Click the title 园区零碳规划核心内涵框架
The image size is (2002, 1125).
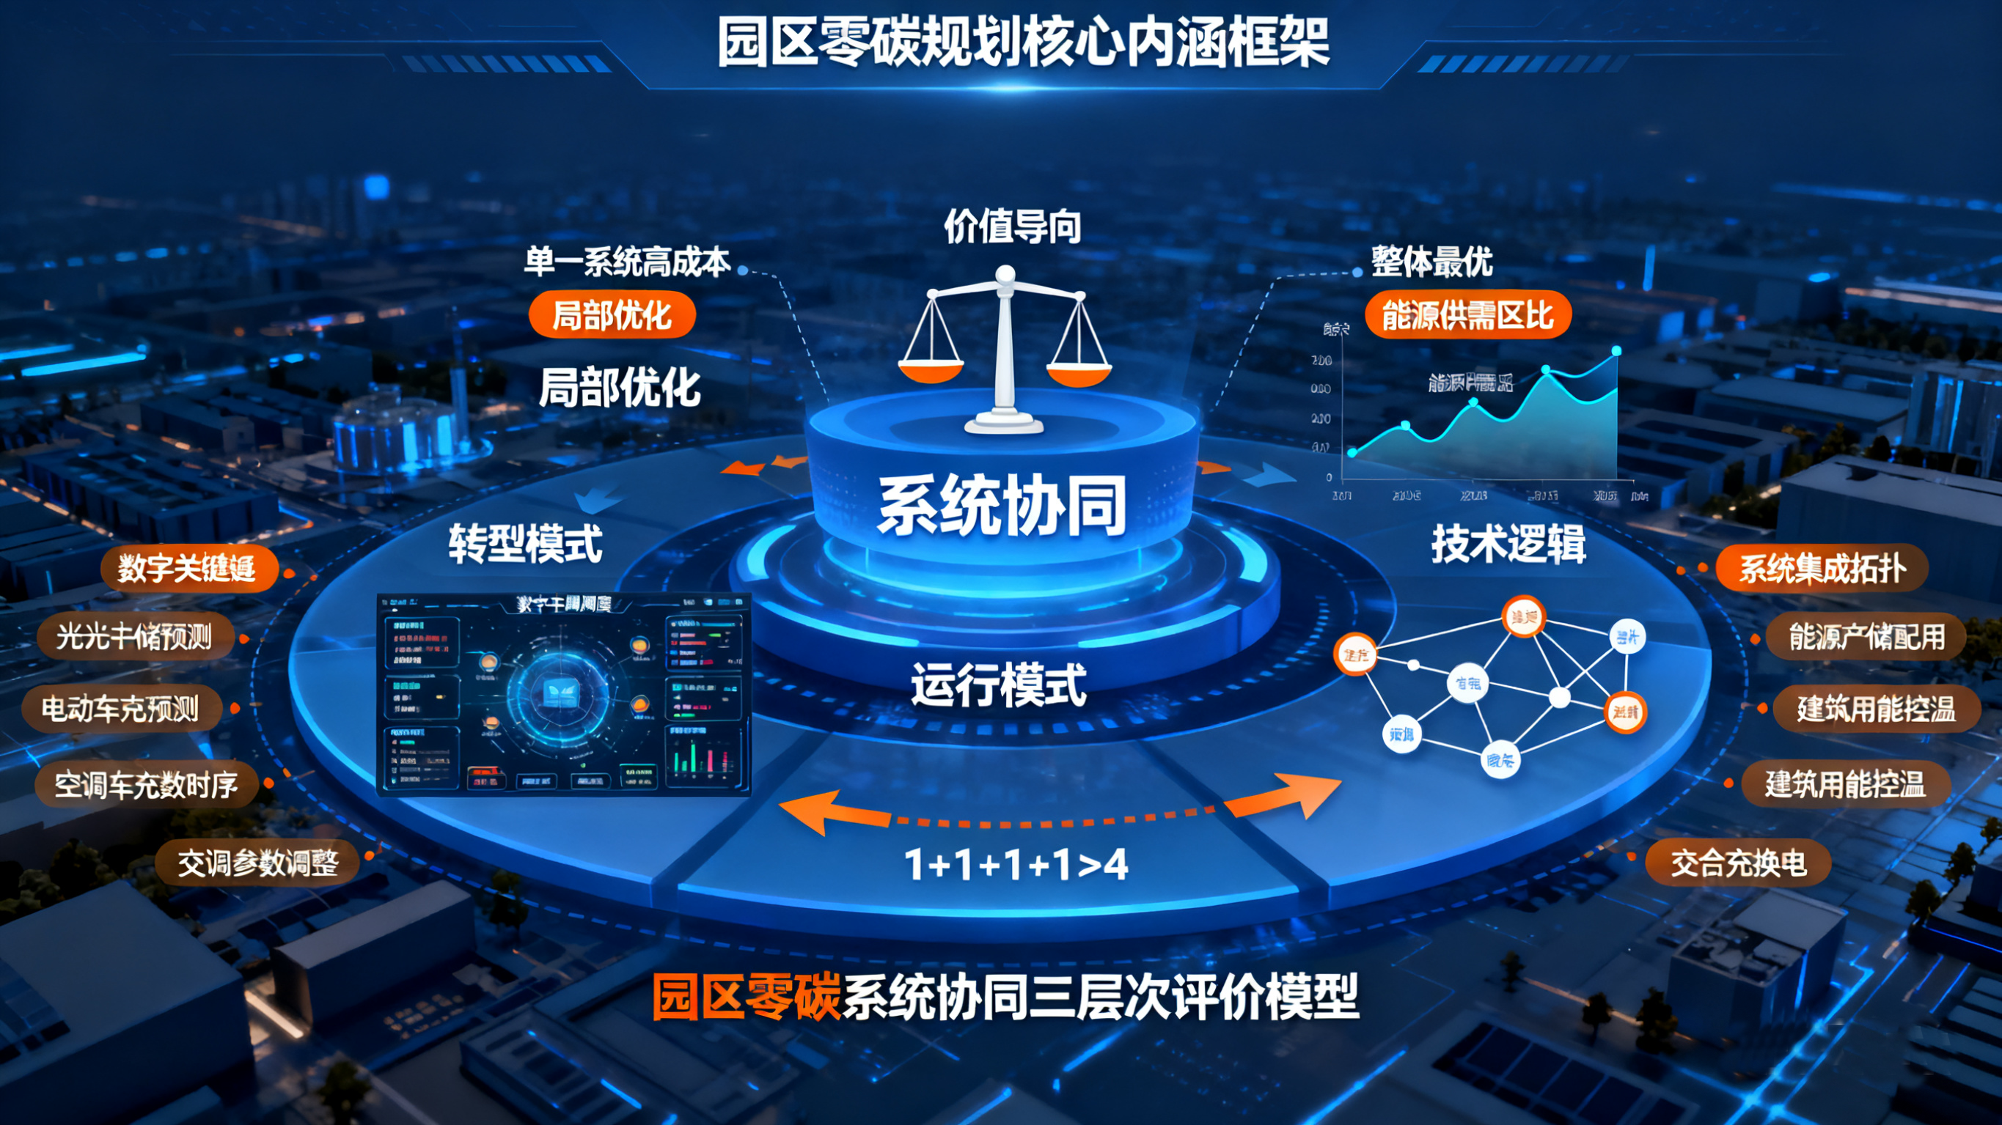tap(1023, 42)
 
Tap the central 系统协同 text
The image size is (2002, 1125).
tap(1002, 505)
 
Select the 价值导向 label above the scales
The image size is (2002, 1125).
tap(1012, 227)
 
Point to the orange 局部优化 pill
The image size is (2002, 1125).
tap(612, 315)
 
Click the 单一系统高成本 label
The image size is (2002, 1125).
tap(626, 262)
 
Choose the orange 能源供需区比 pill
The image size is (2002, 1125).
tap(1467, 315)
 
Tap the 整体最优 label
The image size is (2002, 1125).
tap(1431, 261)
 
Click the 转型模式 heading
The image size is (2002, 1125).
tap(525, 544)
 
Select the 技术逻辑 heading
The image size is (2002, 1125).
tap(1508, 544)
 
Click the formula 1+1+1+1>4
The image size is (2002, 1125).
tap(1016, 864)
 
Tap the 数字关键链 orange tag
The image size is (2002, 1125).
tap(188, 569)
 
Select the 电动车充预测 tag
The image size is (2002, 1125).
tap(121, 709)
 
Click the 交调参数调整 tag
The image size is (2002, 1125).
tap(258, 863)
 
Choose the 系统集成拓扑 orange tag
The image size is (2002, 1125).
tap(1822, 569)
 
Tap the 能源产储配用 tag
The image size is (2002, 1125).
tap(1867, 637)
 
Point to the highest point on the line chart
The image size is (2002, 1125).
tap(1616, 351)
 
